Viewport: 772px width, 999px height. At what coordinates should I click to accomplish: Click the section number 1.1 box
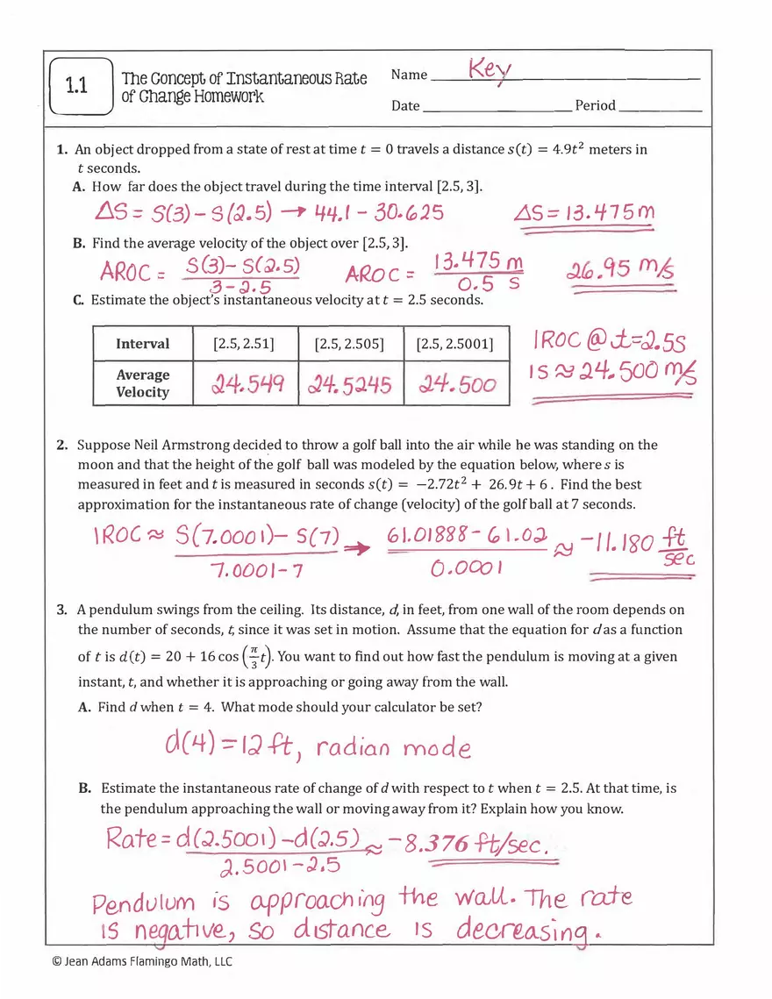[x=82, y=86]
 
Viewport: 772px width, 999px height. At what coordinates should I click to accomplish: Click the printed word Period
[x=595, y=106]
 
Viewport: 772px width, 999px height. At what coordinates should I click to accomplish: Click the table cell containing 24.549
[x=247, y=384]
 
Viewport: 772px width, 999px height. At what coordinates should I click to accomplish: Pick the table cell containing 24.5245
[x=350, y=384]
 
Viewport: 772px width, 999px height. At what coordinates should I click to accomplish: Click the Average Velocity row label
[x=142, y=383]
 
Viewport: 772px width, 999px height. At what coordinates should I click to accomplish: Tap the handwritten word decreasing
[x=520, y=931]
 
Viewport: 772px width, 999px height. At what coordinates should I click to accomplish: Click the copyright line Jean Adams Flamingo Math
[x=143, y=962]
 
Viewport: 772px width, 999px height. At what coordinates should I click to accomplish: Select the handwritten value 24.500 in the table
[x=456, y=384]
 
